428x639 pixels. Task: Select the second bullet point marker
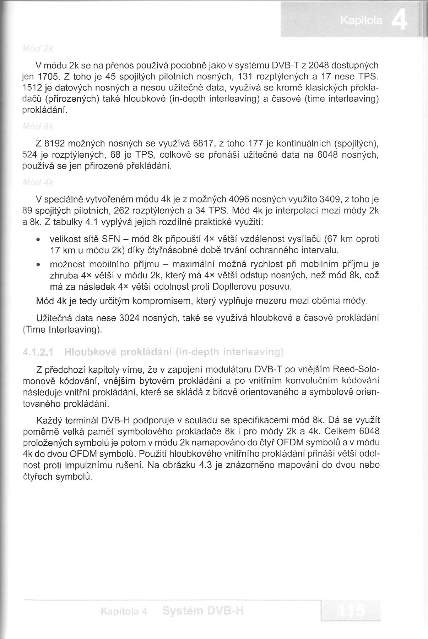click(38, 265)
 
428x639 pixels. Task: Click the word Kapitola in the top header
click(361, 21)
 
